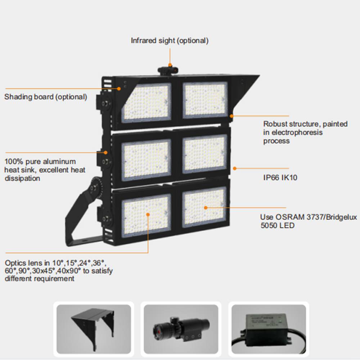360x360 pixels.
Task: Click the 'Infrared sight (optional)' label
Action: (170, 41)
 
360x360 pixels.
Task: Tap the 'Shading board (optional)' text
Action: (45, 97)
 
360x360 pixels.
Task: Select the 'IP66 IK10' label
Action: (280, 177)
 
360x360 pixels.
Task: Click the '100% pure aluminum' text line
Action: (40, 161)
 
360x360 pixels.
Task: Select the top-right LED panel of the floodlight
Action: (204, 99)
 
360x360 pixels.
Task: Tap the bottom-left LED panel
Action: (146, 215)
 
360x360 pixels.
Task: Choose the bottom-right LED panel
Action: (204, 208)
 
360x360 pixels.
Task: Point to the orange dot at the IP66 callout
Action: (234, 168)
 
